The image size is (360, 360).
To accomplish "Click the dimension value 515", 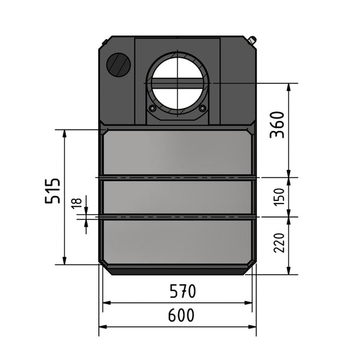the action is click(52, 191).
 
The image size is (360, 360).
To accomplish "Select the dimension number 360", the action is click(277, 125).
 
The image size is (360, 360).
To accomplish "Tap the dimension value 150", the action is click(279, 197).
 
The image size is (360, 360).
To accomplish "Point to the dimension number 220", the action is click(279, 243).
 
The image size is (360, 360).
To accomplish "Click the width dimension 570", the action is click(182, 291).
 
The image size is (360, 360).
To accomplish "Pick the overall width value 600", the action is click(181, 315).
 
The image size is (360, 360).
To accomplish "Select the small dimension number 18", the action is click(77, 203).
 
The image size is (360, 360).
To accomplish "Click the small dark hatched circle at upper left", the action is click(119, 63).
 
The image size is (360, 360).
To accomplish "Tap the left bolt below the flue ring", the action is click(152, 108).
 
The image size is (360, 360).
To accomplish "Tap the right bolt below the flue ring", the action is click(202, 107).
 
